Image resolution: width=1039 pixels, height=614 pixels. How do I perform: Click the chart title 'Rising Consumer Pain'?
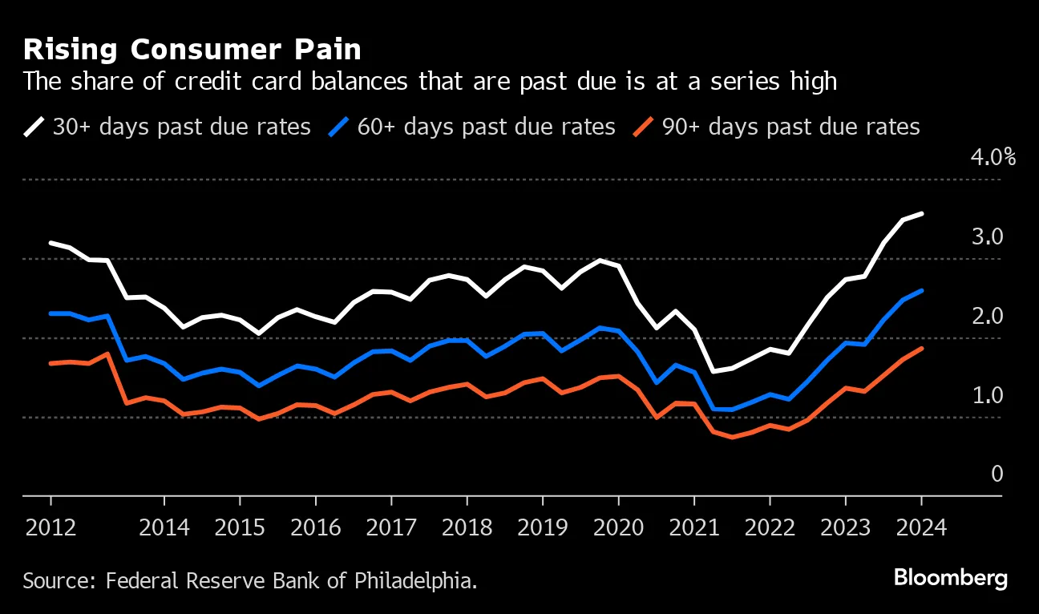192,50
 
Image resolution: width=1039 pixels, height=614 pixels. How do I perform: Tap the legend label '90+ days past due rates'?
790,127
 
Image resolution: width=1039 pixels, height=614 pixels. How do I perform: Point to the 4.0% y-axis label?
993,157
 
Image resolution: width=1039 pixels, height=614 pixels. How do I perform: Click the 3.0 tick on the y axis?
987,236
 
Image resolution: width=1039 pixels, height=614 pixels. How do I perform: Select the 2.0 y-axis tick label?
987,316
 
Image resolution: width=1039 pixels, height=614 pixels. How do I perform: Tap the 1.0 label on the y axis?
987,395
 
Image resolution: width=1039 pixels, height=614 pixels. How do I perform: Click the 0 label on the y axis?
997,474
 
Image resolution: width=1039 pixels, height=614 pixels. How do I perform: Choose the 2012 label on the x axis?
51,528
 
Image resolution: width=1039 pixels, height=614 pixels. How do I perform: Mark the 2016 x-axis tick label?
315,528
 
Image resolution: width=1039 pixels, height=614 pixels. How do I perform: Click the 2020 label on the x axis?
618,528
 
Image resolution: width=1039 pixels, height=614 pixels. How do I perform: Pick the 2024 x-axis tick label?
921,528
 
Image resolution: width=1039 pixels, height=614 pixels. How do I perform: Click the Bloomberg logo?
950,579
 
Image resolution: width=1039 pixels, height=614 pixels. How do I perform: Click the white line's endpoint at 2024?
921,213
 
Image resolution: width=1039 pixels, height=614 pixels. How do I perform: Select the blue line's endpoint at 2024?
921,290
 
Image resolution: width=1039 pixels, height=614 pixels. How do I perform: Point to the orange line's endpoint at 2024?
921,348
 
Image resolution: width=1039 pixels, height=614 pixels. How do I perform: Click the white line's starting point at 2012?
51,242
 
